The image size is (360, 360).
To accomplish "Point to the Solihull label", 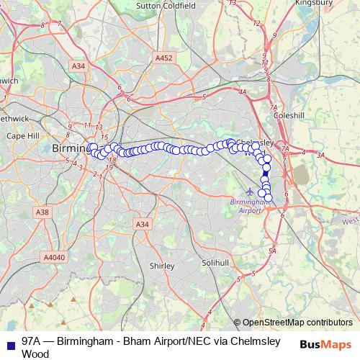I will (x=215, y=264).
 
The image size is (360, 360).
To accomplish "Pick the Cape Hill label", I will (x=22, y=135).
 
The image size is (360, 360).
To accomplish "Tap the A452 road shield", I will (x=164, y=58).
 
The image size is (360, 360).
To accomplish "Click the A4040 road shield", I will (x=53, y=257).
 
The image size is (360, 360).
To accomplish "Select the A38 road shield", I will (x=42, y=212).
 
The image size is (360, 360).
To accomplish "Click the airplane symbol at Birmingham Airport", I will (x=250, y=192).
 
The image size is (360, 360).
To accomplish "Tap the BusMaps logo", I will (x=328, y=344).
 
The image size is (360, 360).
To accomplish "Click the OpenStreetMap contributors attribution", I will (x=297, y=323).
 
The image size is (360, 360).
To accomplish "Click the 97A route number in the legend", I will (x=32, y=341).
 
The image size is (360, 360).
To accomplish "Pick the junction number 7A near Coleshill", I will (x=273, y=107).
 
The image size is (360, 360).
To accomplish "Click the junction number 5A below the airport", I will (x=271, y=251).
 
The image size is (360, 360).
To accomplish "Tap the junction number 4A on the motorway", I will (x=243, y=92).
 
